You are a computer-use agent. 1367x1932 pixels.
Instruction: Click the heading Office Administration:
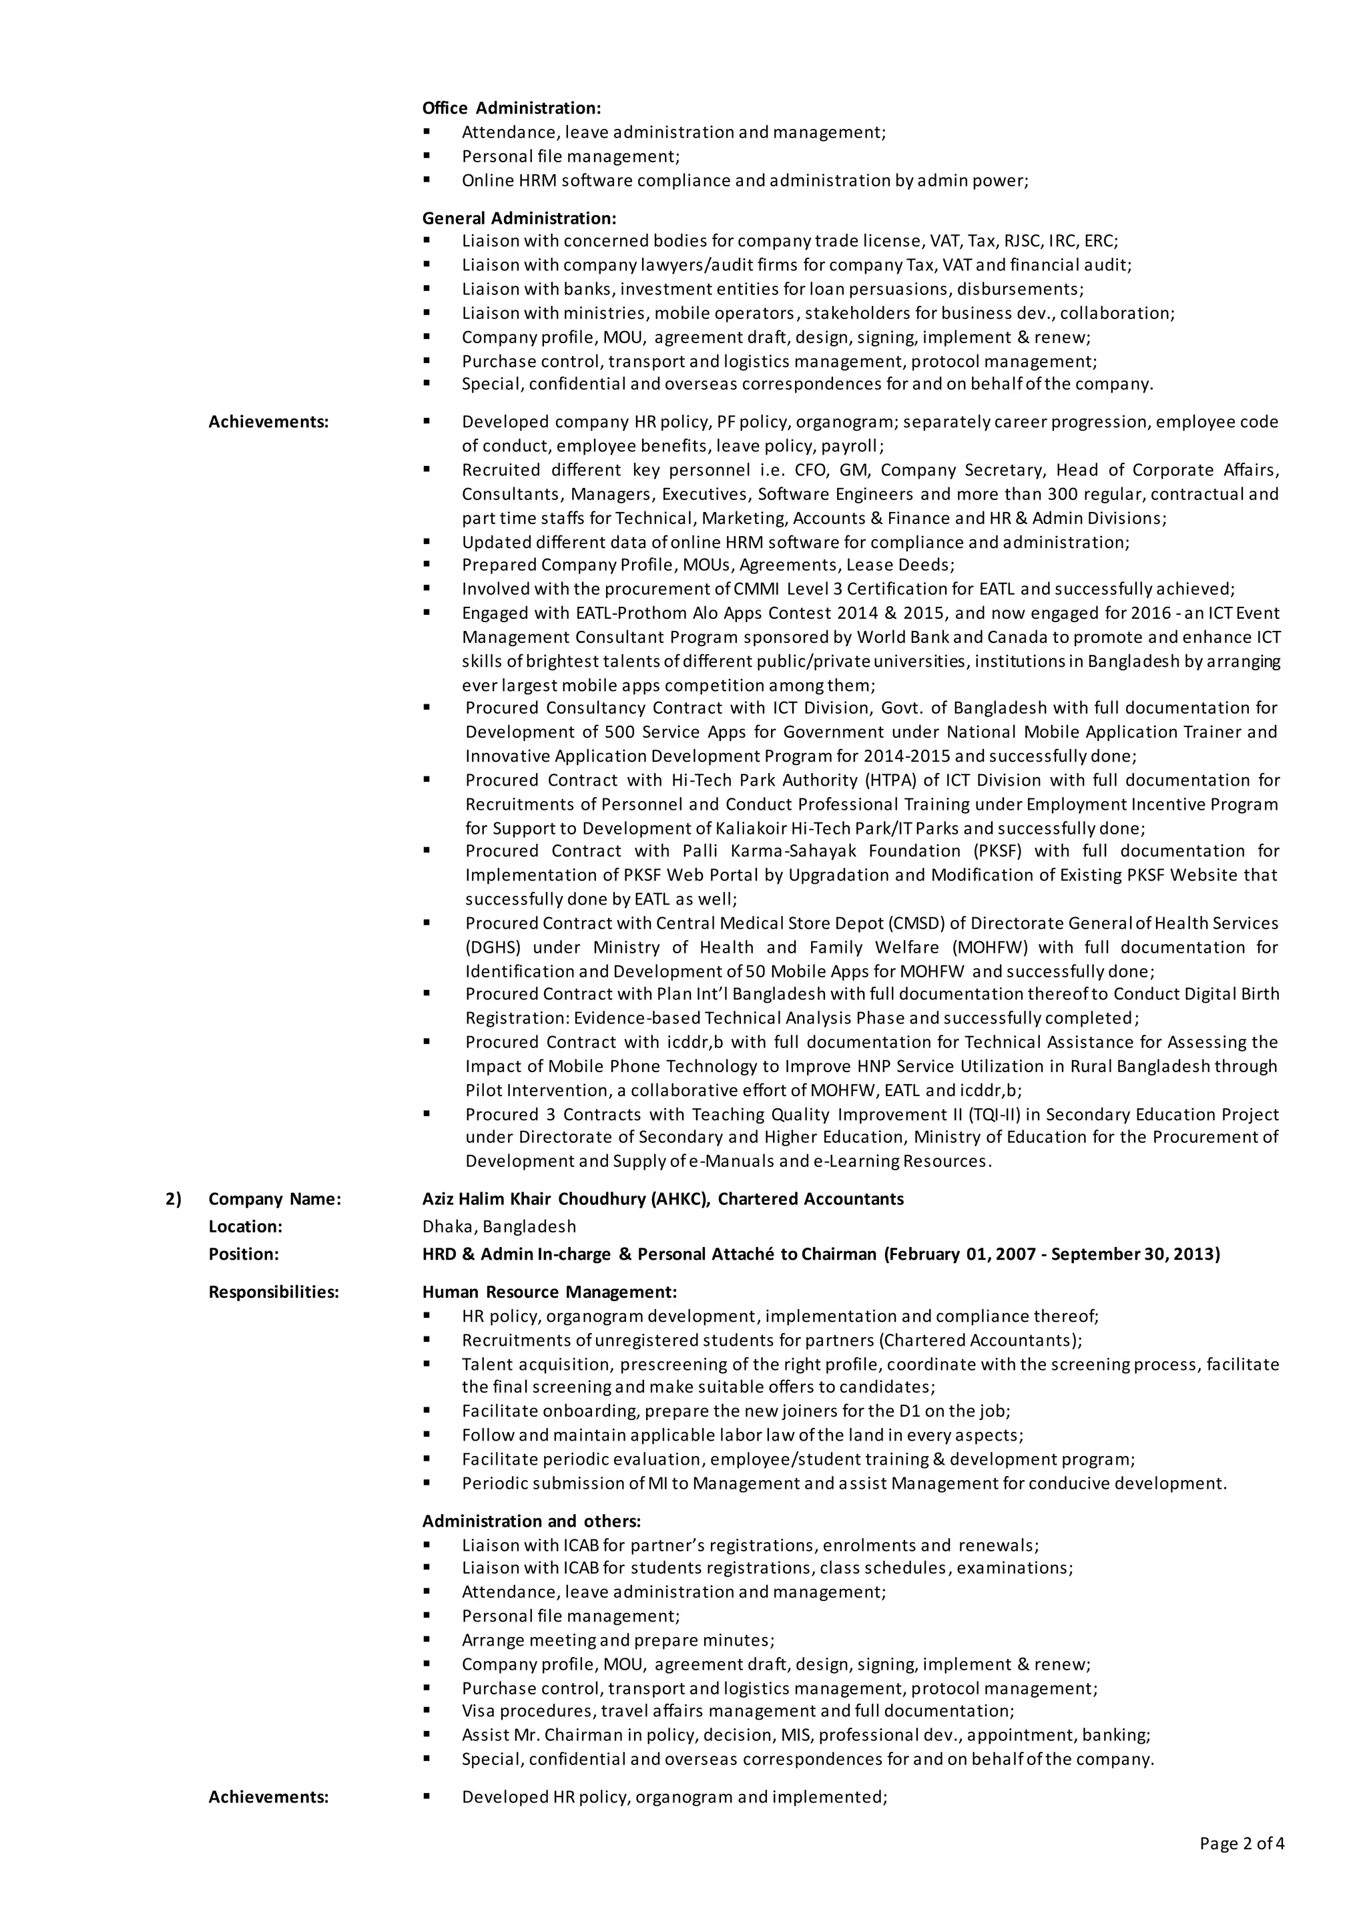[511, 107]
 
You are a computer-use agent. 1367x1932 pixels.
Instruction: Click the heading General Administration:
[519, 218]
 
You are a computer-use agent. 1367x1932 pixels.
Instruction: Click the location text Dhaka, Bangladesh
[499, 1226]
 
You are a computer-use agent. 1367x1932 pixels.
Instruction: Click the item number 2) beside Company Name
[174, 1199]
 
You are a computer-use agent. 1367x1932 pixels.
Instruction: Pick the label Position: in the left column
[243, 1254]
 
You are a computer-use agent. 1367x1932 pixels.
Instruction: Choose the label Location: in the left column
[245, 1226]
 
